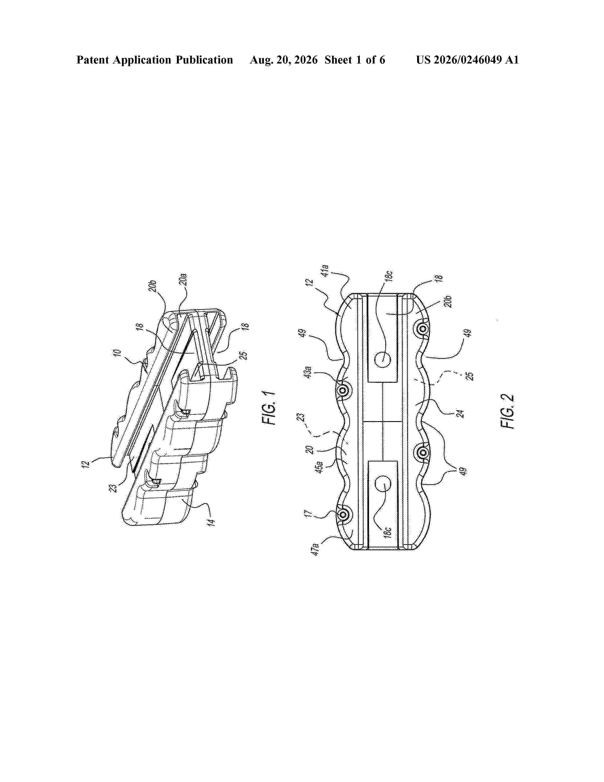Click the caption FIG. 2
(x=507, y=411)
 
